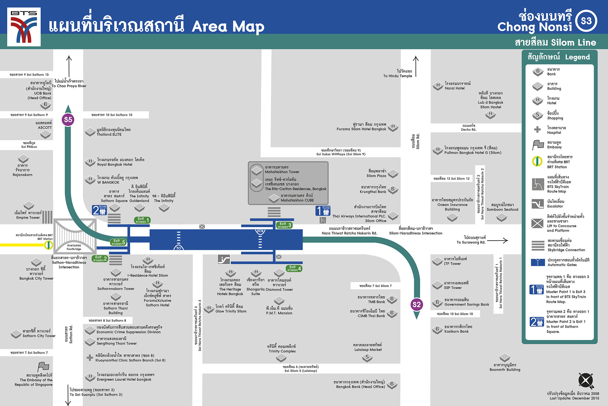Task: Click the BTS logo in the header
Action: [x=24, y=27]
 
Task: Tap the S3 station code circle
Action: [x=586, y=21]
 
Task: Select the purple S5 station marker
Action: [x=68, y=120]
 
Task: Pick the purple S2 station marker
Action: [x=416, y=304]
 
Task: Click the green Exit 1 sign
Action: [x=142, y=220]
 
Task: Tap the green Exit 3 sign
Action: [x=284, y=225]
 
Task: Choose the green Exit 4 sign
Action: [x=294, y=269]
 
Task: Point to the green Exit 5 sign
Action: [x=118, y=242]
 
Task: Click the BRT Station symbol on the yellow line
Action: [x=48, y=245]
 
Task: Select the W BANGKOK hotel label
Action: [x=108, y=182]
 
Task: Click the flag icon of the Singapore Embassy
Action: [x=43, y=367]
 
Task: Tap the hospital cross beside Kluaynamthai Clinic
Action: [x=90, y=358]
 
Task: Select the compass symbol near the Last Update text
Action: [x=586, y=381]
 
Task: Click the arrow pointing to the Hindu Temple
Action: [x=416, y=66]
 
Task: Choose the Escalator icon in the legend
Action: [x=537, y=204]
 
